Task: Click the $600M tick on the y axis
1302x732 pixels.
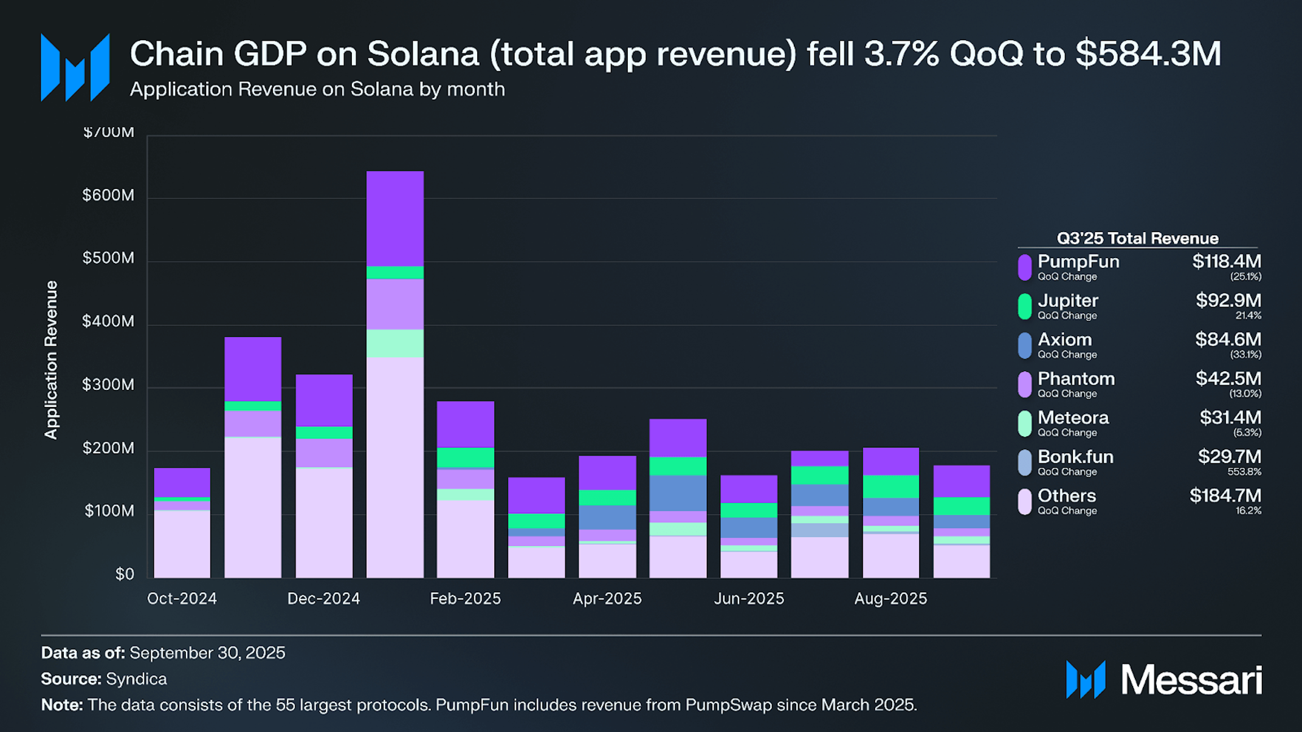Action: [108, 196]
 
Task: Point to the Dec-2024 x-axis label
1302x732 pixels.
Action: [323, 599]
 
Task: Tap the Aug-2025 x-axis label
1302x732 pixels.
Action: [890, 599]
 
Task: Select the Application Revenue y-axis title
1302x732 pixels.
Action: [51, 360]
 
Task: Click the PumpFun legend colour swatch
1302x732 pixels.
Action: [1024, 267]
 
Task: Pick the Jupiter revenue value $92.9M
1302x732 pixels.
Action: [1228, 301]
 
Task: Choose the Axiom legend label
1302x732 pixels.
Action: [1064, 340]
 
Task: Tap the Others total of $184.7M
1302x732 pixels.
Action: [1225, 496]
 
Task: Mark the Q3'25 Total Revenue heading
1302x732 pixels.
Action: [1137, 238]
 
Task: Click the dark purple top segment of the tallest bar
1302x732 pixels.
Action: [395, 219]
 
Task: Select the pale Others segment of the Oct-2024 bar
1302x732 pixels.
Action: [182, 544]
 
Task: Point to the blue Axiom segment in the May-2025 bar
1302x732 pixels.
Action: [678, 493]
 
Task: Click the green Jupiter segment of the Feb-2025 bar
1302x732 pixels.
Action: [466, 457]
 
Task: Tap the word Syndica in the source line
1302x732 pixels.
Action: [136, 679]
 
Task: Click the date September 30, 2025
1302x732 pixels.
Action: [207, 653]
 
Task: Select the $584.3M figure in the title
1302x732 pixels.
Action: [1148, 53]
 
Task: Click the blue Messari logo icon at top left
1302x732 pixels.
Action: [75, 68]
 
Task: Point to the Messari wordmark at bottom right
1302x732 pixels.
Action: [1191, 680]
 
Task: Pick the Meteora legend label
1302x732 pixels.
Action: [1073, 418]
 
